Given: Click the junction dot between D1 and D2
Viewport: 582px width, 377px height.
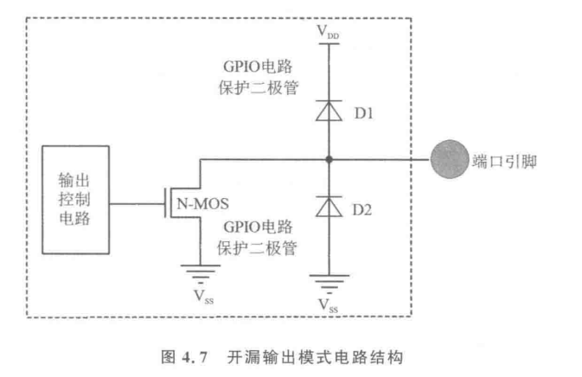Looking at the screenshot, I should point(329,160).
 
